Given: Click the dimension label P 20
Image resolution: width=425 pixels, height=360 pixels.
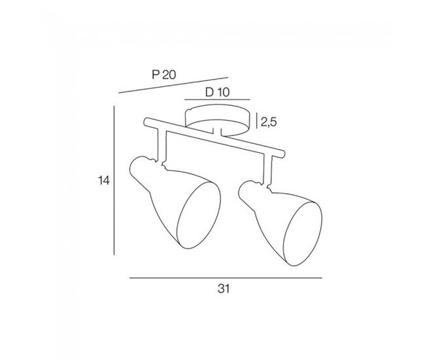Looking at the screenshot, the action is coord(163,74).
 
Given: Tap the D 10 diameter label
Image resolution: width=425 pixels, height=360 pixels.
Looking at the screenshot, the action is coord(217,92).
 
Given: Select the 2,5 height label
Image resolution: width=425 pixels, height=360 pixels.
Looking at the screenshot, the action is coord(268,122).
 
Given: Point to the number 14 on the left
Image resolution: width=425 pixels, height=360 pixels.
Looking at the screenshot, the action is coord(104,180).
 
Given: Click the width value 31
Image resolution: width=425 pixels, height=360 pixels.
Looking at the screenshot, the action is coord(224,289).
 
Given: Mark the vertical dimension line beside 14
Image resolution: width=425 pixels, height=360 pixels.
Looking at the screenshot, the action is coord(114,180).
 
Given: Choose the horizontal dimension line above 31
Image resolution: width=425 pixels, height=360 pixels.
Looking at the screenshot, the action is coord(226,278).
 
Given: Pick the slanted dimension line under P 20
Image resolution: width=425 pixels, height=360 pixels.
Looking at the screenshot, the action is coord(173,86).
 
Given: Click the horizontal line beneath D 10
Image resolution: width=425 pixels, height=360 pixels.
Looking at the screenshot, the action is coord(217,100).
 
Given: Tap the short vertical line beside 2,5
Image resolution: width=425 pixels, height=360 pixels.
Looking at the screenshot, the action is coord(257,121).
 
